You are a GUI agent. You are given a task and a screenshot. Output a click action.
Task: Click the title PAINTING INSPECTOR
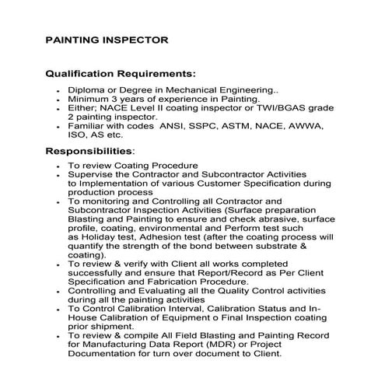tap(107, 38)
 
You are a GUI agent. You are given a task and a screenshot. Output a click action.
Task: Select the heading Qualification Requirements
tap(121, 75)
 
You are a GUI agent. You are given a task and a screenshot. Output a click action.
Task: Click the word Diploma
tap(89, 90)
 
